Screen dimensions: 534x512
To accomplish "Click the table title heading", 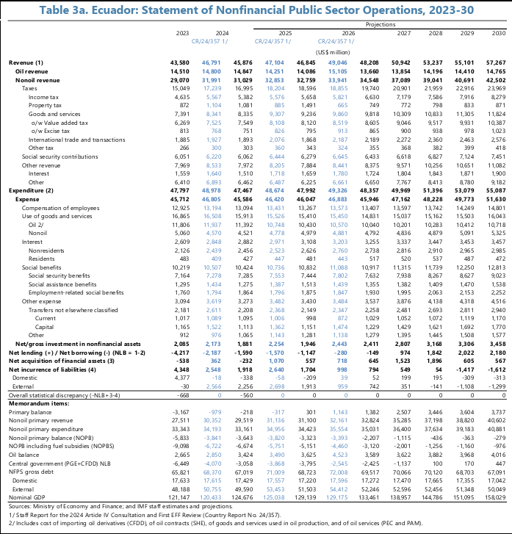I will pos(256,10).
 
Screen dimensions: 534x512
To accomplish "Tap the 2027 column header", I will pos(403,33).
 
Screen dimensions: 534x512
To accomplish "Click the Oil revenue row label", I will pos(32,71).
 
